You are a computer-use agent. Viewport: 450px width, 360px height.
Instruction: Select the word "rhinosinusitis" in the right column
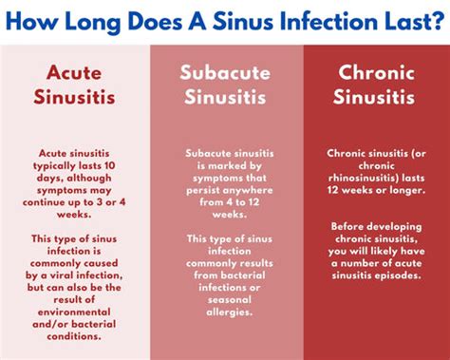pos(374,178)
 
